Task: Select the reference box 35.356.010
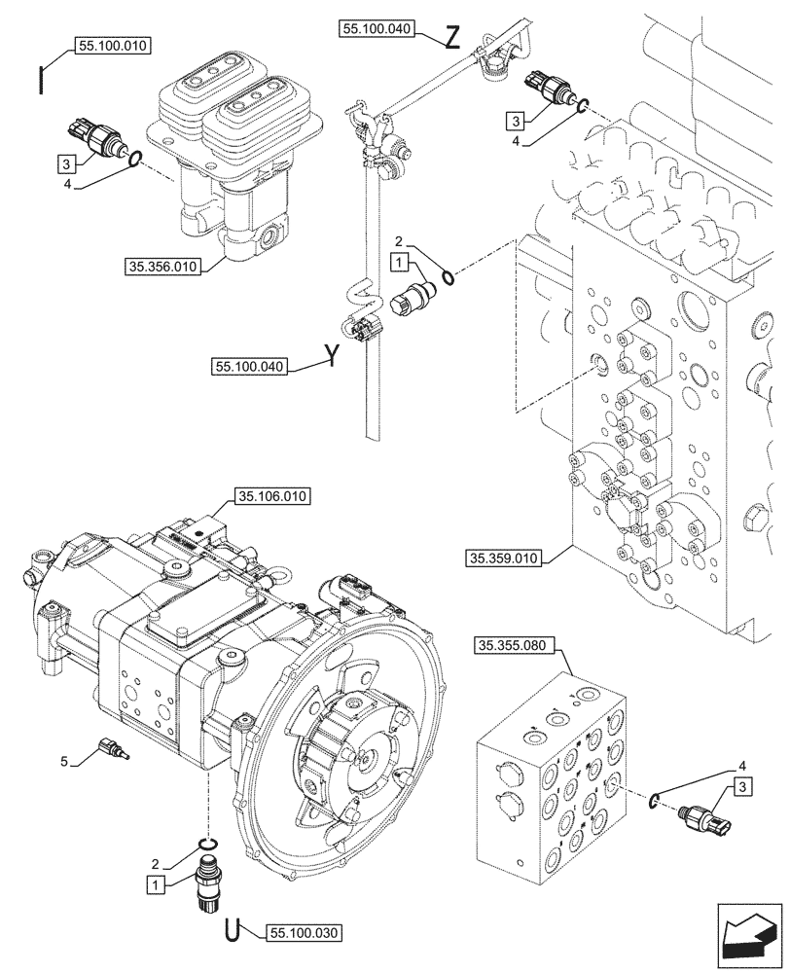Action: pos(163,265)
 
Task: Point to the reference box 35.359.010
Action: pos(505,559)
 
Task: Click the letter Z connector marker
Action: pos(450,38)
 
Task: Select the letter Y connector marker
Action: pos(332,356)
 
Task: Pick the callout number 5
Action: pos(64,761)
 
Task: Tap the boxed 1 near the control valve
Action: pos(399,262)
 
